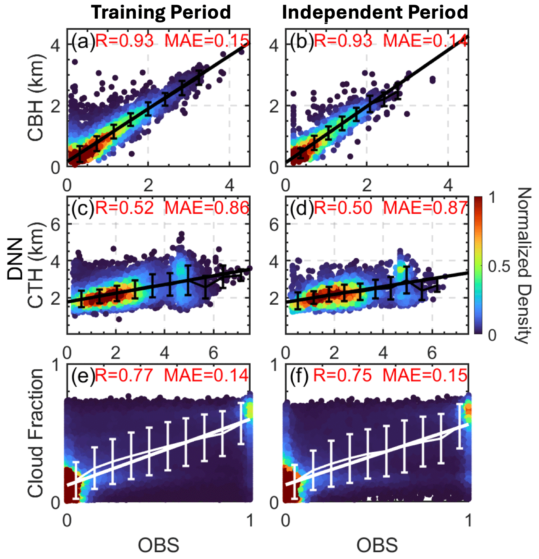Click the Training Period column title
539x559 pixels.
[x=161, y=12]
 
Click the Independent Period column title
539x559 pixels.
[x=375, y=12]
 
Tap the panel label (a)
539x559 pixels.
[x=82, y=41]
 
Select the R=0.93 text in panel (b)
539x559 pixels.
[x=343, y=41]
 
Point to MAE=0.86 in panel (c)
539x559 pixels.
[x=207, y=208]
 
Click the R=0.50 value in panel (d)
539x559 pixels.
[x=343, y=208]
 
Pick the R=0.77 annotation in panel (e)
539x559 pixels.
[x=124, y=375]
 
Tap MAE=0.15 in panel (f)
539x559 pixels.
[x=425, y=375]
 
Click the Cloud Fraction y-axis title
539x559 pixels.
[x=35, y=433]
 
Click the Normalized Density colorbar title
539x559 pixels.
[x=524, y=265]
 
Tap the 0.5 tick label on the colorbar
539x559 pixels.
[x=499, y=267]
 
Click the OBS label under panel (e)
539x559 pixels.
[x=158, y=546]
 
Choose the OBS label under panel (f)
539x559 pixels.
[x=377, y=546]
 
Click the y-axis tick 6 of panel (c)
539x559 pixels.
[x=55, y=225]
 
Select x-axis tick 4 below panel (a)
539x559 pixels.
[x=230, y=185]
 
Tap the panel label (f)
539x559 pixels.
[x=299, y=375]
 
